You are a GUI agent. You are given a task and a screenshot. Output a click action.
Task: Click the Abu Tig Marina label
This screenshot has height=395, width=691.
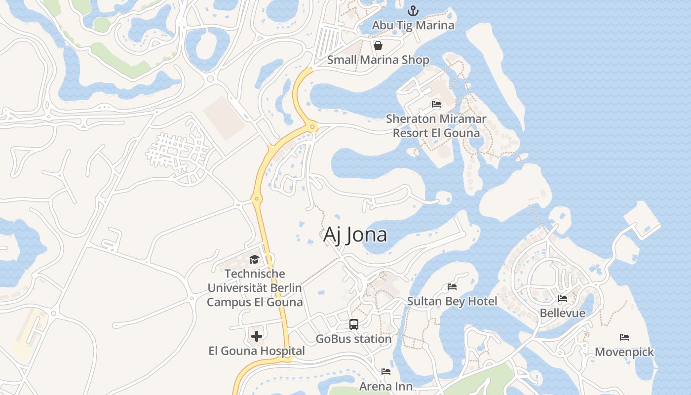pyautogui.click(x=413, y=25)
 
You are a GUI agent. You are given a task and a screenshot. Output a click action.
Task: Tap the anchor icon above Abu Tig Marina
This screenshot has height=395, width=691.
pyautogui.click(x=413, y=10)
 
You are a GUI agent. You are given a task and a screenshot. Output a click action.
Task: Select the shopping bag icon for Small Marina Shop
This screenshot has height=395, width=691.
pyautogui.click(x=378, y=46)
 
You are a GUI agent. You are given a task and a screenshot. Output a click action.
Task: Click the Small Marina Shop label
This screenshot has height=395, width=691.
pyautogui.click(x=378, y=60)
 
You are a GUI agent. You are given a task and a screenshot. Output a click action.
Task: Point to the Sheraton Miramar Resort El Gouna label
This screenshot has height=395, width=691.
pyautogui.click(x=436, y=126)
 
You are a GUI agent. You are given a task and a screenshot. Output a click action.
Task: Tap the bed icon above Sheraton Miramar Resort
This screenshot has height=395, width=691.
pyautogui.click(x=436, y=104)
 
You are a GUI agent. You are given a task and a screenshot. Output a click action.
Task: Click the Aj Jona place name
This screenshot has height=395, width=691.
pyautogui.click(x=355, y=235)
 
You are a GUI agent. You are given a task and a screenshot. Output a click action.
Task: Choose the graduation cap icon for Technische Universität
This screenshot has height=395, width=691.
pyautogui.click(x=254, y=260)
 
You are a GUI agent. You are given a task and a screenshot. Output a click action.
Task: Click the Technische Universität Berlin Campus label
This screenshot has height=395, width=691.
pyautogui.click(x=255, y=288)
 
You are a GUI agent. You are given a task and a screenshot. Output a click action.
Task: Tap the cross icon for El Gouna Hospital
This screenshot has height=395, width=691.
pyautogui.click(x=257, y=337)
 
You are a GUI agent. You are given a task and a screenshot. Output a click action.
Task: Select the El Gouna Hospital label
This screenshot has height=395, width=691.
pyautogui.click(x=257, y=351)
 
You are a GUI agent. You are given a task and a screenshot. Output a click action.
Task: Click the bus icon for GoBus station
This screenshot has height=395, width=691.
pyautogui.click(x=354, y=324)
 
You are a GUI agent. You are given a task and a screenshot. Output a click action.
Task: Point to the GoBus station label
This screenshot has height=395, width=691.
pyautogui.click(x=353, y=339)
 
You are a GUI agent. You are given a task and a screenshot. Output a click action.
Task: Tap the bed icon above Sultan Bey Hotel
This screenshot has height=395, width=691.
pyautogui.click(x=452, y=287)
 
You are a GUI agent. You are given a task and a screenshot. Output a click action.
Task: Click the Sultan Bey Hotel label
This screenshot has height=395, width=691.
pyautogui.click(x=452, y=301)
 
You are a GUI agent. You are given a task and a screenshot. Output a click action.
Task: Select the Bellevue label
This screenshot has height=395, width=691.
pyautogui.click(x=563, y=313)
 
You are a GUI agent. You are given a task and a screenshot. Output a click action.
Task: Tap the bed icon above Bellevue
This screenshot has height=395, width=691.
pyautogui.click(x=563, y=299)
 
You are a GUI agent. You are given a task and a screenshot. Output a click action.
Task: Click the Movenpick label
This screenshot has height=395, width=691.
pyautogui.click(x=624, y=352)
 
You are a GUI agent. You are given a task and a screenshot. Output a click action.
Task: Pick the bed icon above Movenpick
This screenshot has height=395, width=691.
pyautogui.click(x=624, y=338)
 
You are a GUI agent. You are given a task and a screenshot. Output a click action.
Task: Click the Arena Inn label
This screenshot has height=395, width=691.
pyautogui.click(x=386, y=386)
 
